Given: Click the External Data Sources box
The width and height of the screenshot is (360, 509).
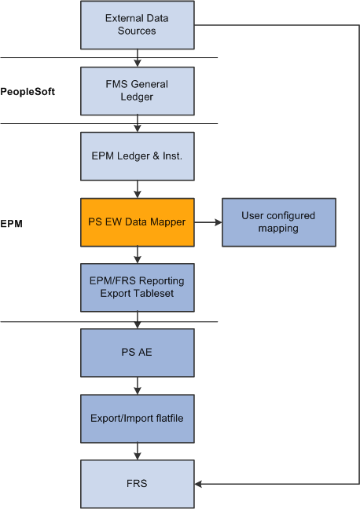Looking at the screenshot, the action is click(x=138, y=25).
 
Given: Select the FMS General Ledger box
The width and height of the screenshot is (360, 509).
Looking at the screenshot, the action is click(x=138, y=91).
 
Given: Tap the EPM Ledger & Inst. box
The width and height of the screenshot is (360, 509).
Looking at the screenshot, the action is click(x=138, y=156).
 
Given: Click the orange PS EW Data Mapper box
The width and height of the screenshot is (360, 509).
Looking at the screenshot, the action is click(x=138, y=222).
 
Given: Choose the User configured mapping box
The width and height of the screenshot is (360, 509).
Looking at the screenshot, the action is click(x=279, y=222).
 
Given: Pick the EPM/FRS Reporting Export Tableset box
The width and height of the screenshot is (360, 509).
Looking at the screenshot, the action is click(x=138, y=287).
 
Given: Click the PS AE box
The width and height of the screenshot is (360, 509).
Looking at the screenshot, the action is click(x=138, y=353).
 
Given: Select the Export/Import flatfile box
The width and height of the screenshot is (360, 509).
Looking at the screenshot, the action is click(x=138, y=419).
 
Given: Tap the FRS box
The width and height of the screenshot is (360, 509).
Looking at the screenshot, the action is click(x=138, y=484).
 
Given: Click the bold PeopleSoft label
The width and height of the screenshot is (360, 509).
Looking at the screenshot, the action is click(x=28, y=92).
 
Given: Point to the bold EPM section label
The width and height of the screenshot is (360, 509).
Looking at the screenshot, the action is click(x=11, y=224).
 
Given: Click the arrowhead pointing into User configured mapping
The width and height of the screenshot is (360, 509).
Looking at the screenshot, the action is click(x=219, y=222).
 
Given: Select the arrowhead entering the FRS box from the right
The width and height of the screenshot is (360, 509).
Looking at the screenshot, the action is click(x=199, y=484).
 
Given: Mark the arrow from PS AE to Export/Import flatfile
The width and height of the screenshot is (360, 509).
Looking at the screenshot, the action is click(x=138, y=386).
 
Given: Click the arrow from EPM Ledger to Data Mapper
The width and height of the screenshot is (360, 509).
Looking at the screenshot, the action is click(x=138, y=189).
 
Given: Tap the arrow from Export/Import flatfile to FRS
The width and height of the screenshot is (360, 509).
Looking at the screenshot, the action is click(x=138, y=451).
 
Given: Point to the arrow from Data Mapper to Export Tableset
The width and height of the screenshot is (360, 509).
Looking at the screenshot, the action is click(x=138, y=255).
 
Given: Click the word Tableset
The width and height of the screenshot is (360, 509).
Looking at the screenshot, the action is click(x=154, y=294).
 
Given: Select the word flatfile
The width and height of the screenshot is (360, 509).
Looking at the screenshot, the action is click(x=169, y=418).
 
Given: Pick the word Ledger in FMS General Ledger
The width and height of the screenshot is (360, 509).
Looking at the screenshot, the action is click(x=137, y=97).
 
